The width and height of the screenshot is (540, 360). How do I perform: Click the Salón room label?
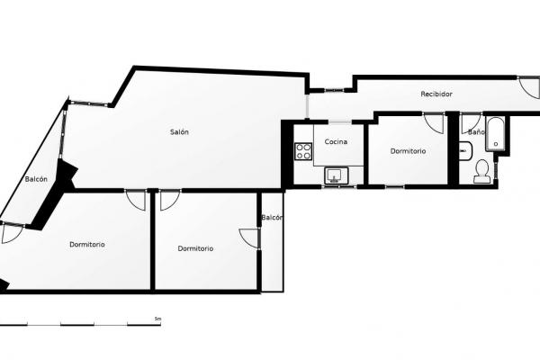coord(179,132)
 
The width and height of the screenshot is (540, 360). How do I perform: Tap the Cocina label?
coord(336,141)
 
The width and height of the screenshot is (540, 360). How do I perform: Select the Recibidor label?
coord(436,94)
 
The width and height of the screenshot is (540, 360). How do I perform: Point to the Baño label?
coord(476,132)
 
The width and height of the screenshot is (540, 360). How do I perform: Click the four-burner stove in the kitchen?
coord(303,151)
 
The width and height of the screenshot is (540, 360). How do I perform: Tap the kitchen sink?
coord(337,175)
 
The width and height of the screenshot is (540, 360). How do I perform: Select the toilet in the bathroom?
coord(481,172)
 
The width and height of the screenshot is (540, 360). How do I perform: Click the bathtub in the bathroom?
coord(495,134)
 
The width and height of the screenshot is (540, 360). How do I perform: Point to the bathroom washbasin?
coord(465,151)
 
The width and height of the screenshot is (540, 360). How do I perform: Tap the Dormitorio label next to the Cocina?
coord(408,151)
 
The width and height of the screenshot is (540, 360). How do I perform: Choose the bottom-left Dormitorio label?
coord(87,244)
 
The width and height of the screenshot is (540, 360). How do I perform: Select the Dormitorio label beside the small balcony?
coord(195,248)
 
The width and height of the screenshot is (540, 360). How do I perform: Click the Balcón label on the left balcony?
coord(36,179)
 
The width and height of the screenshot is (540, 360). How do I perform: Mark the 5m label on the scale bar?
coord(158,319)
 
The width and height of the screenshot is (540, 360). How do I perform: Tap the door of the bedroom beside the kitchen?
coord(434,123)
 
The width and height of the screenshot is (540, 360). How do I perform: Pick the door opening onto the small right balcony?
coord(248,238)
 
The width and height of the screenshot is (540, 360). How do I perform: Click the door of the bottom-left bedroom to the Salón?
coord(135,201)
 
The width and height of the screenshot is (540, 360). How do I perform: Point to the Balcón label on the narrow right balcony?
coord(272,218)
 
